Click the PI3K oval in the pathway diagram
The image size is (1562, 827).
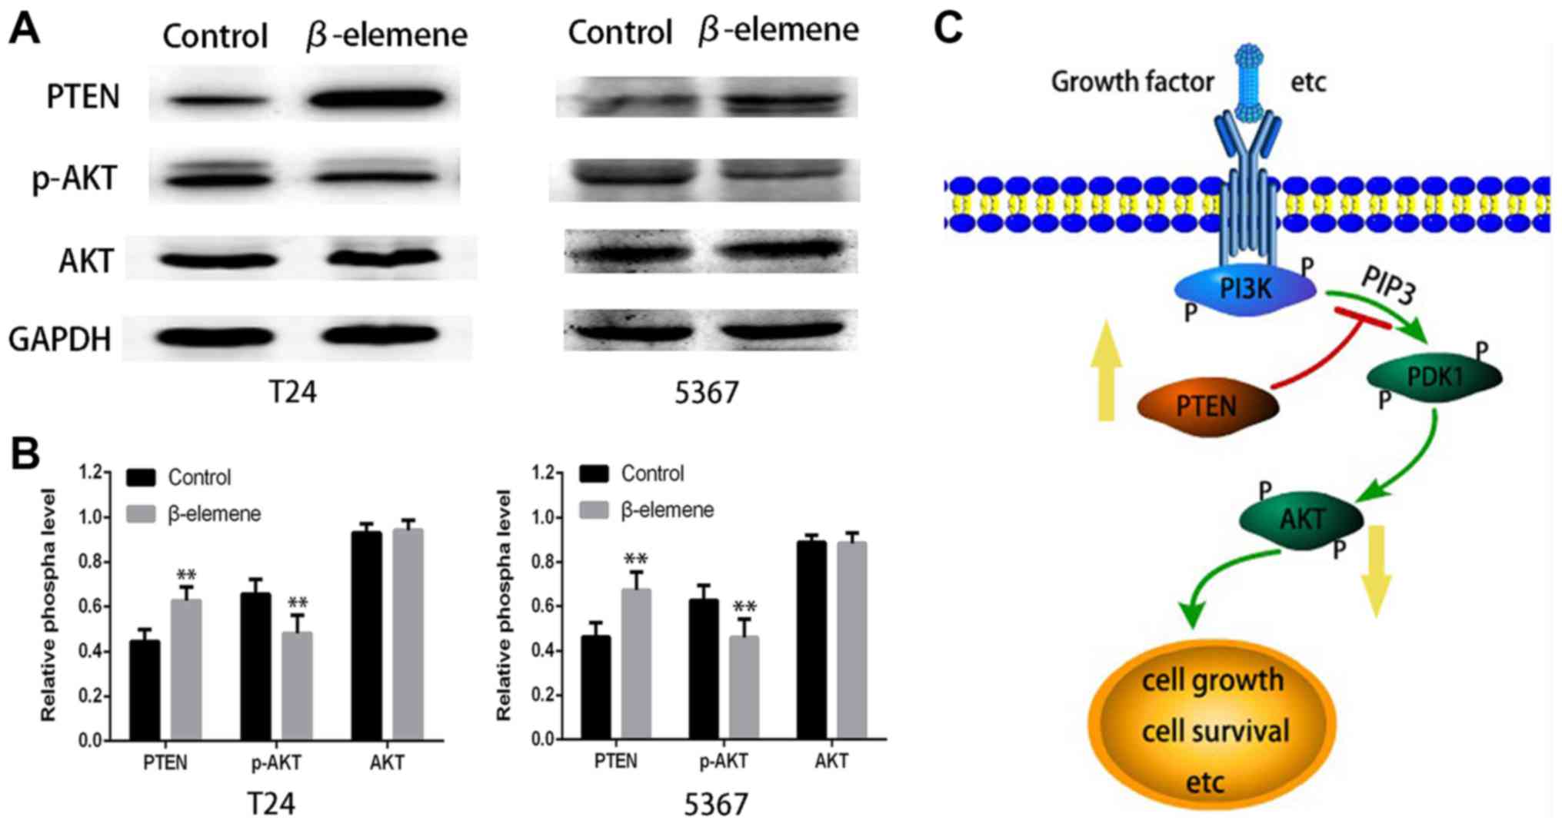coord(1245,289)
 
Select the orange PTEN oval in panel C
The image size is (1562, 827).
coord(1205,405)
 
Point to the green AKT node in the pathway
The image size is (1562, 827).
coord(1301,520)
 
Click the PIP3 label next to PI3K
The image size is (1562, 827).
coord(1388,285)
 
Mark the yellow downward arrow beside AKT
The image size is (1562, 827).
coord(1375,569)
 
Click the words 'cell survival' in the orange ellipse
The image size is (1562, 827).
coord(1214,731)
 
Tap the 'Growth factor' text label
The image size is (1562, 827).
coord(1132,81)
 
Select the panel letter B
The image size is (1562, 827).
coord(25,453)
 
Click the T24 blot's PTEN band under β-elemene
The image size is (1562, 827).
coord(376,98)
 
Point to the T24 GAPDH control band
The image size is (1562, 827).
coord(218,336)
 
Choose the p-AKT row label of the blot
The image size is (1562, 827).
coord(75,178)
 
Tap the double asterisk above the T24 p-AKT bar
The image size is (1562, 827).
coord(298,602)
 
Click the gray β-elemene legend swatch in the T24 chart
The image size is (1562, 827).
coord(142,513)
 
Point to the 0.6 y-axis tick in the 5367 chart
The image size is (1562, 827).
coord(543,606)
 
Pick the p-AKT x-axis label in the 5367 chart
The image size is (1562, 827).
coord(723,762)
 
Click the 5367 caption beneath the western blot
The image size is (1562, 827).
coord(706,393)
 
